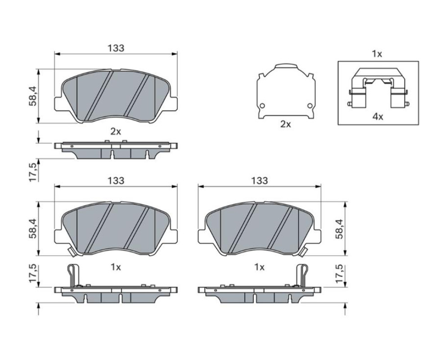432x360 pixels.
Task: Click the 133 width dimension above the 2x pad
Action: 116,48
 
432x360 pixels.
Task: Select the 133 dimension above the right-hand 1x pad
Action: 259,180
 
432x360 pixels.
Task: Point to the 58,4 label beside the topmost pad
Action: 33,96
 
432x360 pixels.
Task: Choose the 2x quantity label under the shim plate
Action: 285,124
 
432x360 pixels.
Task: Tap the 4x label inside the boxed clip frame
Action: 378,117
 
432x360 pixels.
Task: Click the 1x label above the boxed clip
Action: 377,54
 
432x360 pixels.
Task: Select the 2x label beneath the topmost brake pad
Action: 116,132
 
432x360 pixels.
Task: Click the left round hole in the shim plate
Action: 262,105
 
